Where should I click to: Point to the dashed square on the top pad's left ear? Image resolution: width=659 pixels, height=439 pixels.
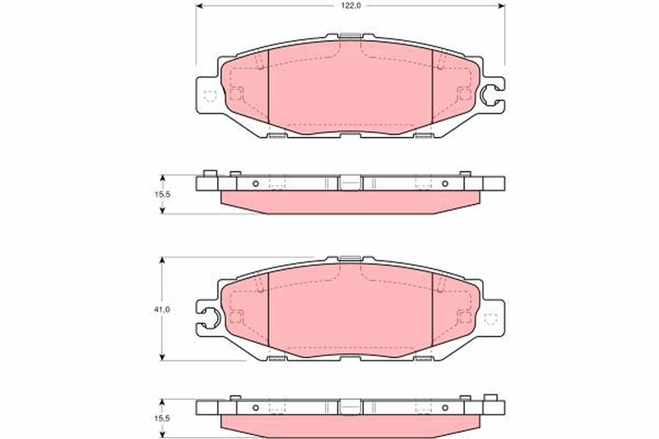(x=210, y=96)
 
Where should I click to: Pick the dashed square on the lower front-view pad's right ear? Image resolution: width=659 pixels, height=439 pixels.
(x=490, y=318)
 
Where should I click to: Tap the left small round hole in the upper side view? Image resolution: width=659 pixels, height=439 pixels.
(x=255, y=183)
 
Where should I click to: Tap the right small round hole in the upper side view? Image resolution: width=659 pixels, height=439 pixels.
(x=445, y=183)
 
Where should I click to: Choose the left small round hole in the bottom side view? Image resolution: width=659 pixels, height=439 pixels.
(x=255, y=408)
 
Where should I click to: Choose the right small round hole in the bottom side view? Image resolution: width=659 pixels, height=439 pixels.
(x=445, y=408)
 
